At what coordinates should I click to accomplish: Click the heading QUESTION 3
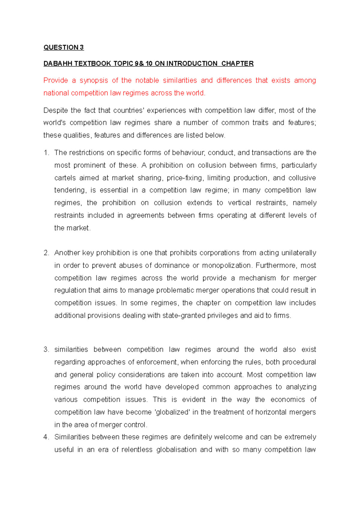point(64,47)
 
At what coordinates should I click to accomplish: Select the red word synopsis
point(94,80)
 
